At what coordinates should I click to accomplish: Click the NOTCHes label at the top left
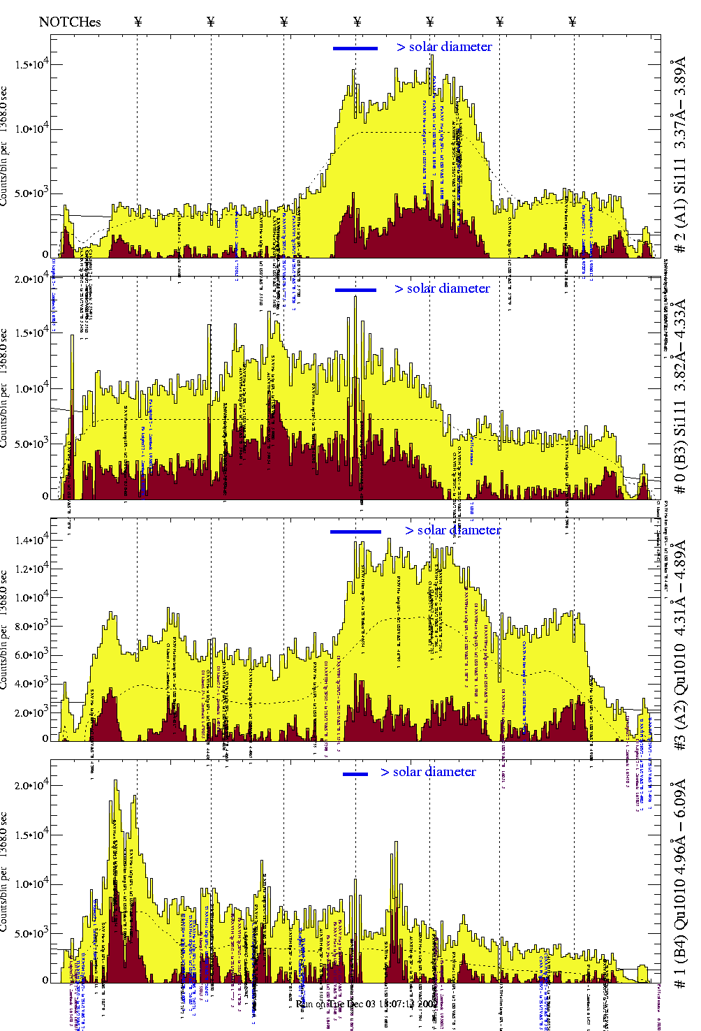70,22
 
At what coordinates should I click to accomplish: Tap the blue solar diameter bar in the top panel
355,48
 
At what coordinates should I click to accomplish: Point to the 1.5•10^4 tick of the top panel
31,65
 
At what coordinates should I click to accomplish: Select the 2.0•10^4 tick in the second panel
31,279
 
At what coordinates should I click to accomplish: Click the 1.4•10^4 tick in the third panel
31,540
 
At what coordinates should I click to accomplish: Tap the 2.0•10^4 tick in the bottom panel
31,785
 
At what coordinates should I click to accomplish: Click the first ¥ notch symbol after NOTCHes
138,22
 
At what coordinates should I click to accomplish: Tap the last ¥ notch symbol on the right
573,22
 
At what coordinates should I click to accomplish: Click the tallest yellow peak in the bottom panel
116,782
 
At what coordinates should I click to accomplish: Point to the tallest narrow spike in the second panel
355,299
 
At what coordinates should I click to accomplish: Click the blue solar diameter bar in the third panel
355,532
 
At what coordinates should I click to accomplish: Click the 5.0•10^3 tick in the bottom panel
31,933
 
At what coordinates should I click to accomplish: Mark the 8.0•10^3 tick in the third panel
31,627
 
